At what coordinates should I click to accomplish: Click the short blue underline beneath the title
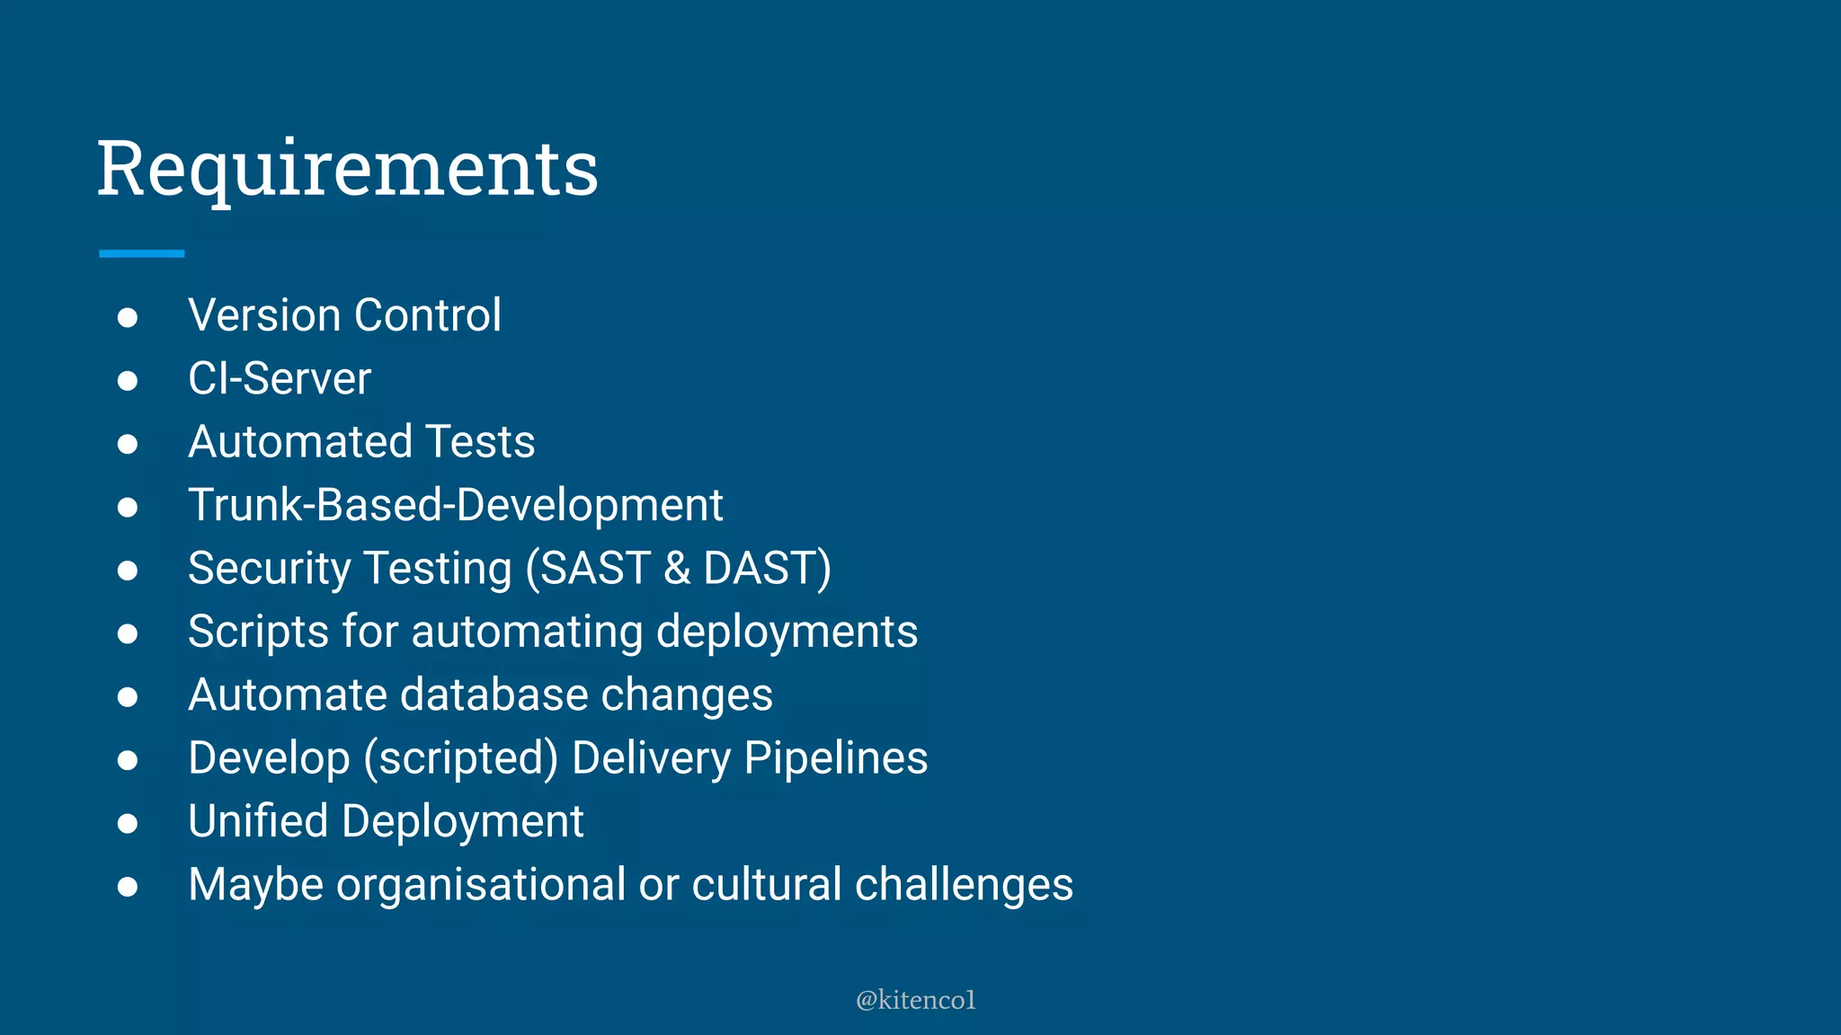pyautogui.click(x=141, y=254)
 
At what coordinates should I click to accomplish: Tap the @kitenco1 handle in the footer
pyautogui.click(x=915, y=1000)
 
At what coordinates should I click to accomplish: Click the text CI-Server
pyautogui.click(x=279, y=378)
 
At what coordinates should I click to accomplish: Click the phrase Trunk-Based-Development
pyautogui.click(x=455, y=505)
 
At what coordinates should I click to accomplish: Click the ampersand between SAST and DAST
pyautogui.click(x=677, y=569)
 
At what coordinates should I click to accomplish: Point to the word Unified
pyautogui.click(x=258, y=821)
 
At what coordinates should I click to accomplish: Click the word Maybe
pyautogui.click(x=255, y=885)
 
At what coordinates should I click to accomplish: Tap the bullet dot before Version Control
pyautogui.click(x=128, y=317)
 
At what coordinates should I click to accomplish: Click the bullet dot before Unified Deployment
pyautogui.click(x=128, y=823)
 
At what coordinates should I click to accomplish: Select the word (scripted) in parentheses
pyautogui.click(x=461, y=758)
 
